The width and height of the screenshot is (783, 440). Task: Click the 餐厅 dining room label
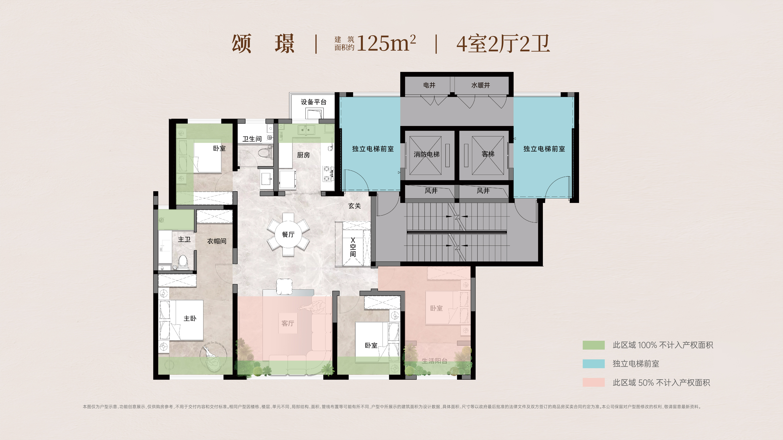pos(288,234)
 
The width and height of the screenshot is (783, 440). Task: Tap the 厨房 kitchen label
pos(303,155)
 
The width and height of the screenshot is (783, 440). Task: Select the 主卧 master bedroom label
pos(190,318)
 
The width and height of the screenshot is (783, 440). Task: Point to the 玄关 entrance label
pos(354,206)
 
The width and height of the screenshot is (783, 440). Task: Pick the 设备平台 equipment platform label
pos(314,102)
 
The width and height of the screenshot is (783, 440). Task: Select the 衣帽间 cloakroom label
pos(217,241)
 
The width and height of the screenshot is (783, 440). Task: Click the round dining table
pos(288,234)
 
